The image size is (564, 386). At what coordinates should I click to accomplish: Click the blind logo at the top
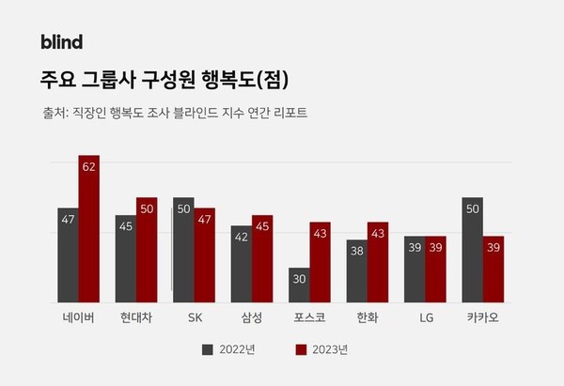click(62, 41)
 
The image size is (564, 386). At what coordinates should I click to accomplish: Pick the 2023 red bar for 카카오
click(493, 269)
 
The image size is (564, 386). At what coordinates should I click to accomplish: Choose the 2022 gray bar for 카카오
click(472, 250)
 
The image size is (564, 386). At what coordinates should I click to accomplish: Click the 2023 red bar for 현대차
click(147, 250)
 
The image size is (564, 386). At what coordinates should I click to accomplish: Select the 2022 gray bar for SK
click(183, 250)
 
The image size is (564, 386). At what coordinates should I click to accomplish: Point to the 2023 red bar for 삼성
click(262, 258)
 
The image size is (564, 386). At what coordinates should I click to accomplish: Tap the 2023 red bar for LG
click(434, 269)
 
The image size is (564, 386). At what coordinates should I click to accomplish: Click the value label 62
click(89, 166)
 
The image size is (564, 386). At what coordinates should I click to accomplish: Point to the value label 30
click(299, 279)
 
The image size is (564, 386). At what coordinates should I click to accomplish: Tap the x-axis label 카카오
click(482, 317)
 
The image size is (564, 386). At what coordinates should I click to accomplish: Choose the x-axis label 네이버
click(79, 317)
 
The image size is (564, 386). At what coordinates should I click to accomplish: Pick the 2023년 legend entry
click(325, 349)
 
